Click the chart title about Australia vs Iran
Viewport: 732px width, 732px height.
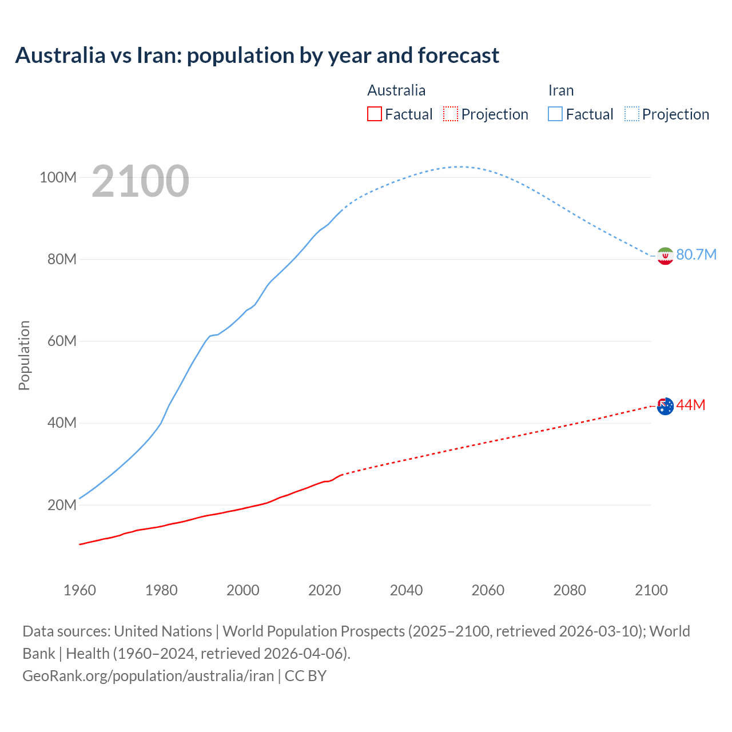(257, 55)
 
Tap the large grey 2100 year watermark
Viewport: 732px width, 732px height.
(140, 181)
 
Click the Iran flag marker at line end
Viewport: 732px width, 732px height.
(665, 256)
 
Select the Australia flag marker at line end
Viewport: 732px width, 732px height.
(665, 406)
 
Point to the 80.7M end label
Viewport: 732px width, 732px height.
(696, 254)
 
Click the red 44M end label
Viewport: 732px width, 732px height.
(691, 405)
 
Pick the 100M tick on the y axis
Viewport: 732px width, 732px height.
(58, 177)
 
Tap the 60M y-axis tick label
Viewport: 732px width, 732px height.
(62, 341)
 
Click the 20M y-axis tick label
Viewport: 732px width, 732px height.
(62, 505)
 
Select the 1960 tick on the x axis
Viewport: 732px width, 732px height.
(79, 590)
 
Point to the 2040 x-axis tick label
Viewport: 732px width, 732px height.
(406, 590)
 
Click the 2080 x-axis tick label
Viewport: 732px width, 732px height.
(570, 590)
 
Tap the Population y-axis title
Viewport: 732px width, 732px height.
(24, 355)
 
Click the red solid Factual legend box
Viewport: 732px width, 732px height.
(374, 114)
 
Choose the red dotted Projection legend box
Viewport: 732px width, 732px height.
(451, 114)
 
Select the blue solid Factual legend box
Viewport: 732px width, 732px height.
(555, 114)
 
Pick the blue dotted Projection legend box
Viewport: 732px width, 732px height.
(631, 114)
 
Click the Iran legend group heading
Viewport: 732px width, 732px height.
(560, 90)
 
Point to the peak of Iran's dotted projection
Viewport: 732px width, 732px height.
(459, 166)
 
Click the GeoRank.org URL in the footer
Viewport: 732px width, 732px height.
(148, 675)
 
